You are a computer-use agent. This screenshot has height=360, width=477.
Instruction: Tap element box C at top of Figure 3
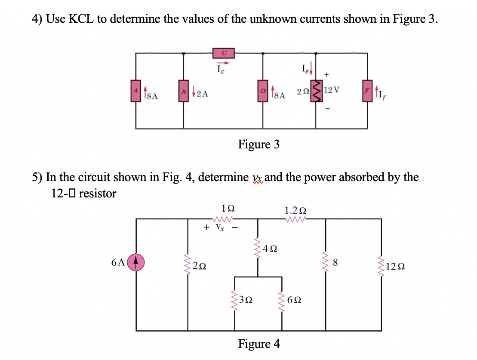click(224, 53)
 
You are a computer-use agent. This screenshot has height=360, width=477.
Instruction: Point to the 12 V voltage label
click(332, 90)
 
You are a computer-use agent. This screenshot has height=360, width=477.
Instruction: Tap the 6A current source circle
click(136, 262)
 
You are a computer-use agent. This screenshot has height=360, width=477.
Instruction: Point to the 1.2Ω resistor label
click(295, 210)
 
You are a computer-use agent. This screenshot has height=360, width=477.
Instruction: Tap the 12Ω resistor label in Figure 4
click(394, 267)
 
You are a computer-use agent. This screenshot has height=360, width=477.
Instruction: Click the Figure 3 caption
click(259, 145)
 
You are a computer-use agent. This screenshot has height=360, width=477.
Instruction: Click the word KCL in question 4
click(82, 19)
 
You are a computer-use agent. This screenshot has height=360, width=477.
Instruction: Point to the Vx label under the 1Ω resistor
click(219, 226)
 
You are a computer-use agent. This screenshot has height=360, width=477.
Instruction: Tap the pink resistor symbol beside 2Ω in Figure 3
click(317, 91)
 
